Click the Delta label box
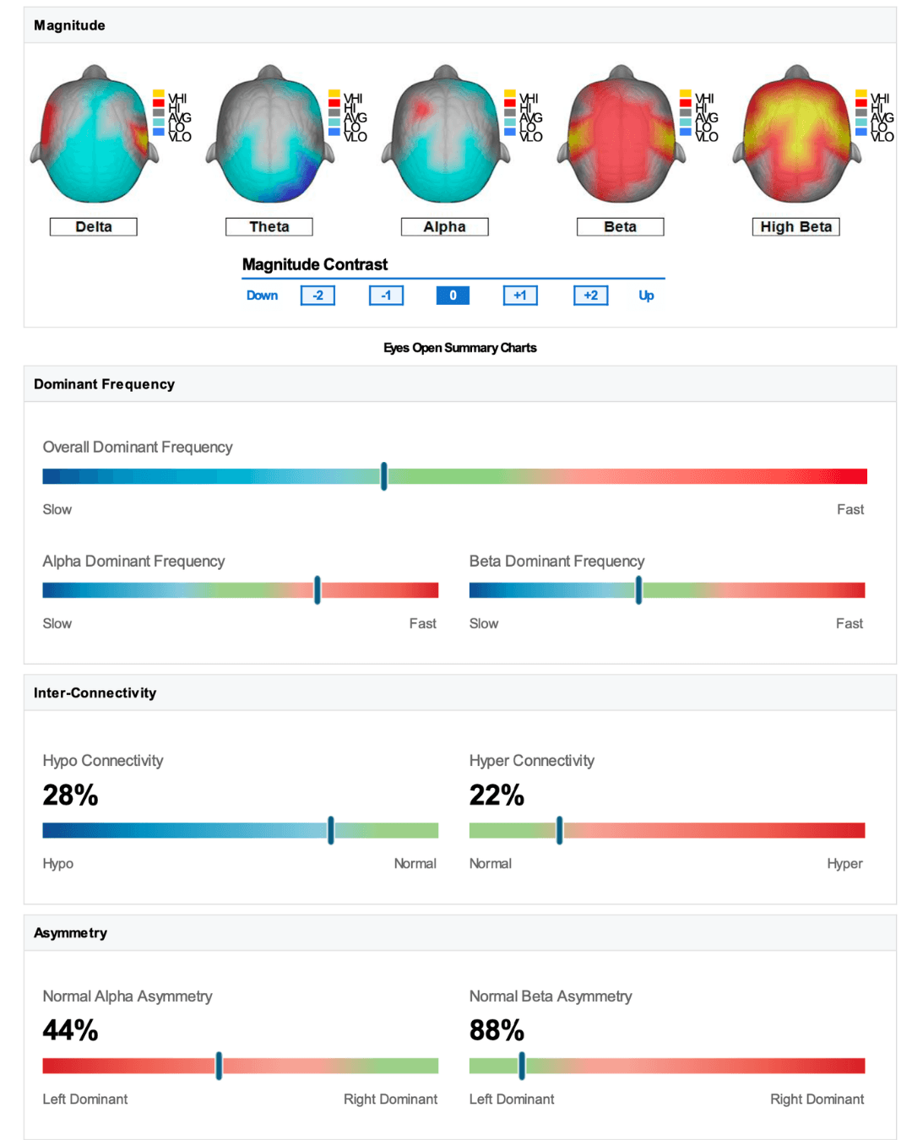point(93,226)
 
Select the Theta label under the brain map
point(269,226)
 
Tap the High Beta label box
point(795,226)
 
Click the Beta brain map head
point(621,135)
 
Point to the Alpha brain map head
point(445,135)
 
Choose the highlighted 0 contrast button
point(453,296)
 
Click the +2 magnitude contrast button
point(590,296)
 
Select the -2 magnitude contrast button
point(318,296)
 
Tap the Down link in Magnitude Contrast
point(262,296)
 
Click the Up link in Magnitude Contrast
point(646,296)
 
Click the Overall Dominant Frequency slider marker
point(383,476)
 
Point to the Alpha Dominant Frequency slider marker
point(318,590)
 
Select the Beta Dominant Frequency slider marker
point(638,590)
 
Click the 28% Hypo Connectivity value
point(70,795)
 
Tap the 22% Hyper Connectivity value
point(497,795)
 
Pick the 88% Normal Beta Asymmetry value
point(497,1030)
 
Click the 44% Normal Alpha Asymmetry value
point(70,1030)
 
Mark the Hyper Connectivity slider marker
point(559,830)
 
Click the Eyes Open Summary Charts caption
point(459,348)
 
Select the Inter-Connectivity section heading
point(95,692)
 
